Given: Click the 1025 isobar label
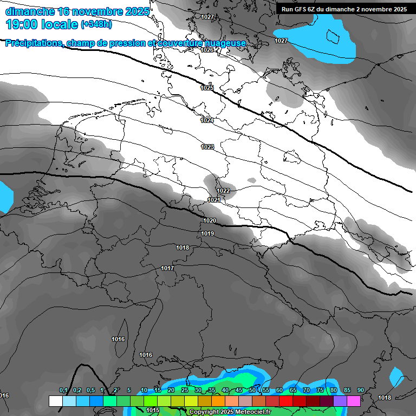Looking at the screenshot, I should pyautogui.click(x=207, y=88).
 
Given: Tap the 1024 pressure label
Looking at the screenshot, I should pyautogui.click(x=207, y=120).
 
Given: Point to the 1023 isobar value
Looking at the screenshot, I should pyautogui.click(x=207, y=147).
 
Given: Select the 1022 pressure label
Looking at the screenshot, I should pyautogui.click(x=223, y=191).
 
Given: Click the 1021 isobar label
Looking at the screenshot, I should pyautogui.click(x=214, y=200).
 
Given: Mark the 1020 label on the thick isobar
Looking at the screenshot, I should pyautogui.click(x=210, y=220).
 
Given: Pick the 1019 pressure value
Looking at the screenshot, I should pyautogui.click(x=207, y=233).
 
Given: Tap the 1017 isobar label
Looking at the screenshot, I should pyautogui.click(x=167, y=268).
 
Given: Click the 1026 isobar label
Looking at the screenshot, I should pyautogui.click(x=207, y=50).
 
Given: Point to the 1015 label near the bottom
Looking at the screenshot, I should pyautogui.click(x=153, y=410).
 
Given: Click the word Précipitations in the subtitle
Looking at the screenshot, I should pyautogui.click(x=34, y=43).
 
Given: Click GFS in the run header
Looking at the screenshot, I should pyautogui.click(x=301, y=9).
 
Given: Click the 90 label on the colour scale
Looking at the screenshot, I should pyautogui.click(x=361, y=390).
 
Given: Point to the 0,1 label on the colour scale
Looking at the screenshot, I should pyautogui.click(x=63, y=390).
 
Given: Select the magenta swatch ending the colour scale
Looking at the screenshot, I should pyautogui.click(x=354, y=401).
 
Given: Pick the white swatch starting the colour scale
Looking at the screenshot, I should pyautogui.click(x=55, y=401).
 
